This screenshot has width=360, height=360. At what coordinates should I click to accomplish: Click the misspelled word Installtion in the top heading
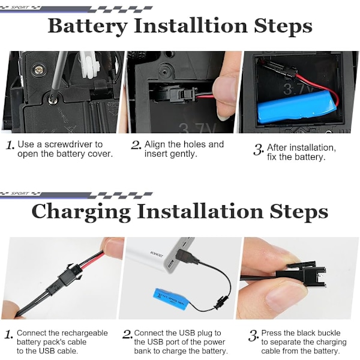tap(191, 26)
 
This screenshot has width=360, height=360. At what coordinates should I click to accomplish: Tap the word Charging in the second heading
tap(81, 212)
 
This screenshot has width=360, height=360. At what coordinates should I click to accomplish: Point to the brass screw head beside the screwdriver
tap(38, 70)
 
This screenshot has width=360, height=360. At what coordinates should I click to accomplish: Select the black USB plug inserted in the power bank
tap(185, 256)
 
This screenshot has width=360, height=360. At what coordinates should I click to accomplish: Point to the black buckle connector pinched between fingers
tap(301, 275)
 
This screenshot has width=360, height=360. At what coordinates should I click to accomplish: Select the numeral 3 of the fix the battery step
tap(258, 149)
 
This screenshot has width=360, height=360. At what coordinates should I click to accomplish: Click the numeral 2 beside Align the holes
tap(136, 145)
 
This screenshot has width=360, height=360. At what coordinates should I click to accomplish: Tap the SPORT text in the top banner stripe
tap(20, 8)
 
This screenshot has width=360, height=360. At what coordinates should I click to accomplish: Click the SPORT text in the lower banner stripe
tap(20, 194)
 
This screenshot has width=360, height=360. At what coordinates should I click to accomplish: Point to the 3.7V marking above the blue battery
tap(298, 89)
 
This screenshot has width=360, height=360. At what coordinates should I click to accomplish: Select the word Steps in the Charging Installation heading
tap(299, 212)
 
